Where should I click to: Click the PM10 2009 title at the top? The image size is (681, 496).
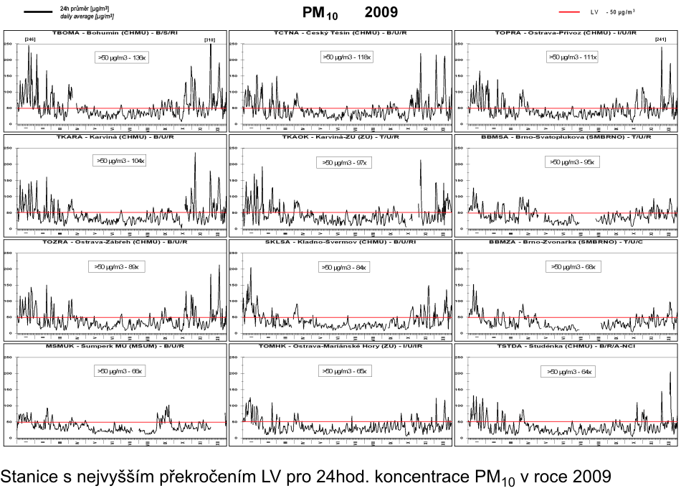coord(350,12)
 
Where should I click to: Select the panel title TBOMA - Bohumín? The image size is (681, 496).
coord(115,34)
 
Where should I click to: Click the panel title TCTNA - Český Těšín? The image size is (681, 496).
coord(340,34)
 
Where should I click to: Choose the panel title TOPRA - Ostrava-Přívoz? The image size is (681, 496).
coord(566,34)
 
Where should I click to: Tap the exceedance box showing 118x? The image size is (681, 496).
coord(346,56)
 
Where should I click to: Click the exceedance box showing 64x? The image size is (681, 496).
coord(571,372)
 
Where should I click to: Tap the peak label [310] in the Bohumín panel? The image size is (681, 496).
coord(210,40)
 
